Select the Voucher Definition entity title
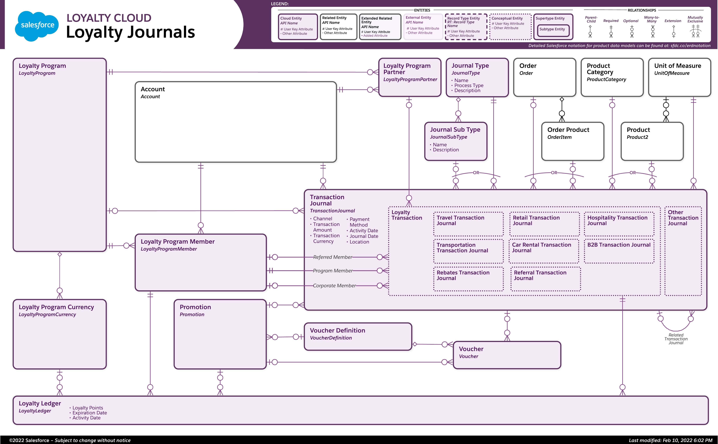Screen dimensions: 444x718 [x=337, y=330]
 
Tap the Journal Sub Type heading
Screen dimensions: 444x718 [x=455, y=129]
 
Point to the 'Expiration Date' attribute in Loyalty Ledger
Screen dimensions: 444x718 [x=89, y=413]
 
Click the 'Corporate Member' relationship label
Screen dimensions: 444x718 [x=334, y=285]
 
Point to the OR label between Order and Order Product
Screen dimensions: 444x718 [x=554, y=173]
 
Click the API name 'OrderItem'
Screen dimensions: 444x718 [x=559, y=137]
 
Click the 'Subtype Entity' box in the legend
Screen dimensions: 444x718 [x=552, y=29]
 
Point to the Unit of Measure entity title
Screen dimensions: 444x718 [x=678, y=66]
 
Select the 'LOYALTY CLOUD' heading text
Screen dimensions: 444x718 [x=109, y=18]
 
